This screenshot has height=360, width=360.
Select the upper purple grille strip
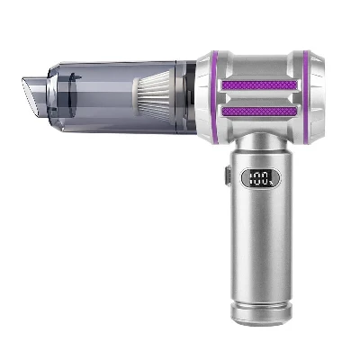260,85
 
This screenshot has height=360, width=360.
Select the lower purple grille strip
260,112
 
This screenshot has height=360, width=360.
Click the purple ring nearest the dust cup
214,97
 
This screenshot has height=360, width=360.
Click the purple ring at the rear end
305,97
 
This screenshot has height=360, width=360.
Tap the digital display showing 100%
261,177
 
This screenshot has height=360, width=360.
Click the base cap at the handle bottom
261,313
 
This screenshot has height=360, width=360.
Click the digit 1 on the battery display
251,177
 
